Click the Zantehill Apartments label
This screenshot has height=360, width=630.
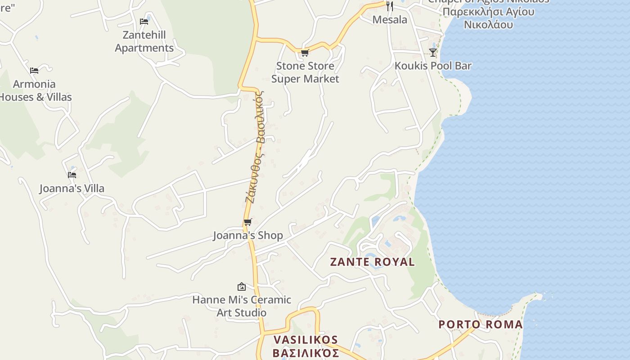tap(144, 41)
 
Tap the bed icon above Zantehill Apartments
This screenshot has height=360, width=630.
tap(144, 21)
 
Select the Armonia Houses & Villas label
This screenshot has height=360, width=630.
tap(35, 90)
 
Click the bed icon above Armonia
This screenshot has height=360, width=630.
tap(34, 70)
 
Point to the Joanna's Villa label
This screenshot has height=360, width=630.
tap(72, 188)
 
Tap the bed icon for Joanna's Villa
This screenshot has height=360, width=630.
tap(72, 175)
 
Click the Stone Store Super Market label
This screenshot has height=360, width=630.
tap(305, 72)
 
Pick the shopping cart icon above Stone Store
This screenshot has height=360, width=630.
tap(305, 53)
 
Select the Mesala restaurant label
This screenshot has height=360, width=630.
tap(390, 20)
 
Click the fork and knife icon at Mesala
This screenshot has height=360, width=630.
tap(390, 6)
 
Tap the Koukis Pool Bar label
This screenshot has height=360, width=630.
tap(433, 66)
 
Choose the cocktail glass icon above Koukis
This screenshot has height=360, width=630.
tap(433, 52)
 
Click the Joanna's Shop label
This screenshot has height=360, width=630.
tap(248, 235)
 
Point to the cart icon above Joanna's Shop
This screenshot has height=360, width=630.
tap(247, 222)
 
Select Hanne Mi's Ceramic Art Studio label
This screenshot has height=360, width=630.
tap(242, 306)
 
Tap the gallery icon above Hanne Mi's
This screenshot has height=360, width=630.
tap(242, 287)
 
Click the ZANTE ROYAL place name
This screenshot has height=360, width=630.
tap(373, 262)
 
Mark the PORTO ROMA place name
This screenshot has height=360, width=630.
tap(481, 324)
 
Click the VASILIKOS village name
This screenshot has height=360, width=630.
tap(306, 346)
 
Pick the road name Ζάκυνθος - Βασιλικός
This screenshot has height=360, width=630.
tap(255, 146)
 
